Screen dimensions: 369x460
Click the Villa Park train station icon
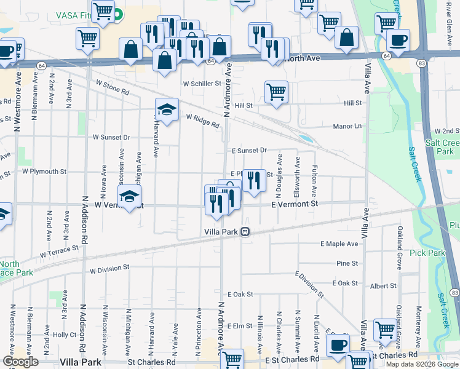tap(245, 232)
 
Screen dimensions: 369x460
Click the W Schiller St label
tap(202, 83)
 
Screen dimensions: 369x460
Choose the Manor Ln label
tap(347, 126)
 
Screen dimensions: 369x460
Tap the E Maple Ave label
tap(339, 244)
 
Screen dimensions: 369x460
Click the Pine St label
tap(347, 263)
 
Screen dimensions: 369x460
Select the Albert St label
tap(383, 287)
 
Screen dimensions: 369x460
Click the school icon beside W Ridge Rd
tap(167, 110)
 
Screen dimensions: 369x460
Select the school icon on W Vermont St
tap(130, 197)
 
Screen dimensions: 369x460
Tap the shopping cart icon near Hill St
tap(277, 92)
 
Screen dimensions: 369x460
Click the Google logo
tap(20, 362)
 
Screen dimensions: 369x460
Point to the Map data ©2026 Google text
tap(422, 364)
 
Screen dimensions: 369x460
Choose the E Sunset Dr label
tap(249, 150)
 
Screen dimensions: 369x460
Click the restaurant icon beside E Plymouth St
tap(253, 180)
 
